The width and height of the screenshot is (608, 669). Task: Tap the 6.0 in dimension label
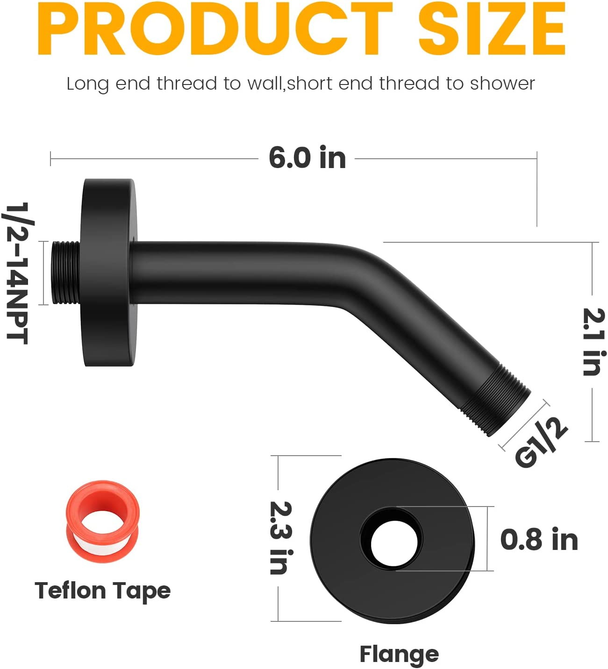pos(307,158)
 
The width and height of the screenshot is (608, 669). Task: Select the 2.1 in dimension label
pos(594,342)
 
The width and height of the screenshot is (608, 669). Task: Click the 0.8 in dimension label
pos(539,540)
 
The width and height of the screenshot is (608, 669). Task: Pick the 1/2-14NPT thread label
pos(18,273)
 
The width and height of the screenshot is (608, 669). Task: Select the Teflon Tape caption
pos(102,591)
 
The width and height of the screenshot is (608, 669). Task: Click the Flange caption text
pos(399,654)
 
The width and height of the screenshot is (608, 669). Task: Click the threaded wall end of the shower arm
pos(65,273)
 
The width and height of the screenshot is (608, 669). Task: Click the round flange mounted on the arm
pos(108,273)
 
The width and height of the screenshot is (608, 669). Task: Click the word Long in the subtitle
pos(88,84)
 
